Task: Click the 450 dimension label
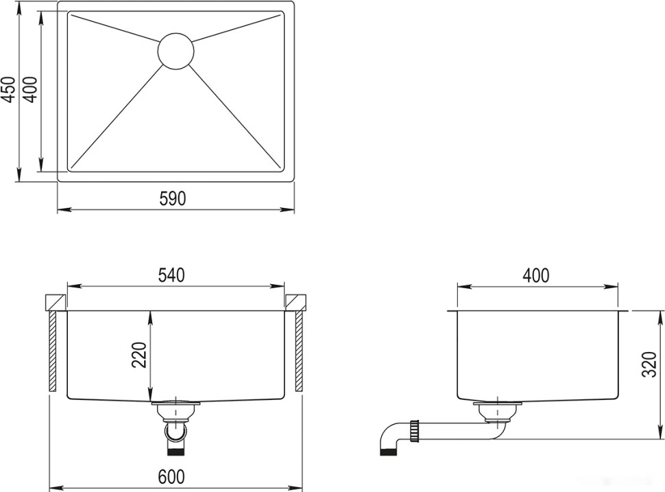8,89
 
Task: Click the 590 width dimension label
173,198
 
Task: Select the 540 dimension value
172,275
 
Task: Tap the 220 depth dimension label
139,355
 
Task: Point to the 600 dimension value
171,476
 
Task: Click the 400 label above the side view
535,275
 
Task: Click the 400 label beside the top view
29,89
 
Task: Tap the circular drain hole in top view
176,51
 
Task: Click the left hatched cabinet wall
53,350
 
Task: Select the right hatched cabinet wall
300,350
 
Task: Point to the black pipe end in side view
389,450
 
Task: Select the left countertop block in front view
55,302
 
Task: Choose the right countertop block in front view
296,302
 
